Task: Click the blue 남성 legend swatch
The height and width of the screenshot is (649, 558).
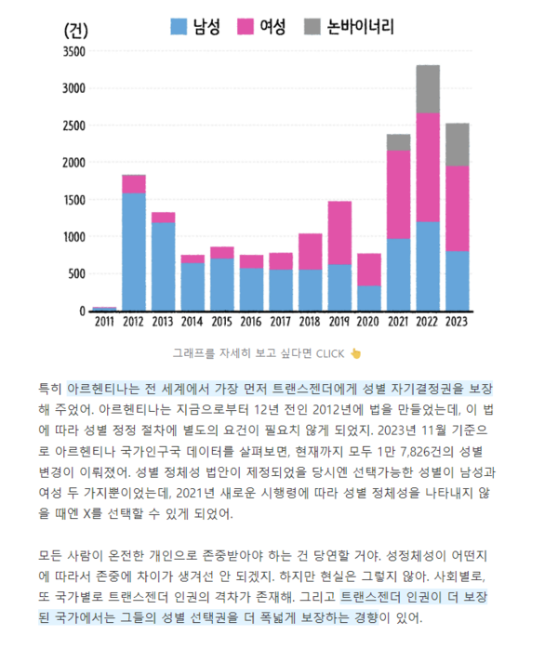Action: tap(178, 26)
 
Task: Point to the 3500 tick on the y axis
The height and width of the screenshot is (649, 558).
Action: tap(73, 51)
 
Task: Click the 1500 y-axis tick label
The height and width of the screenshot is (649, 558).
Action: tap(73, 200)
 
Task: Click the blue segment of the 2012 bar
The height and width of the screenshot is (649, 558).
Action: tap(134, 251)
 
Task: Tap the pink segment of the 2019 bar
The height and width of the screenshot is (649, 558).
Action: tap(339, 232)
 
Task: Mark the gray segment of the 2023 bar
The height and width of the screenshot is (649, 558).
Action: tap(457, 144)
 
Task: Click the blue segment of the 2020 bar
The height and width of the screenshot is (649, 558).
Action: tap(368, 298)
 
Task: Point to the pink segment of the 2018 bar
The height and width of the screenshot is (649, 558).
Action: tap(310, 251)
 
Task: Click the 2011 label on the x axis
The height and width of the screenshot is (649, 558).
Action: tap(105, 322)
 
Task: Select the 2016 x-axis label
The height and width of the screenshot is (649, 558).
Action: tap(251, 322)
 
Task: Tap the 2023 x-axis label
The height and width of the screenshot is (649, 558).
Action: tap(457, 322)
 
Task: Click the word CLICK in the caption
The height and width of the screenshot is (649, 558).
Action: tap(330, 353)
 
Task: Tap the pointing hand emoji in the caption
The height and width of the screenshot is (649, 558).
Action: tap(355, 353)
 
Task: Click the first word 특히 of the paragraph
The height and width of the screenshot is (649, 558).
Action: tap(49, 386)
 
